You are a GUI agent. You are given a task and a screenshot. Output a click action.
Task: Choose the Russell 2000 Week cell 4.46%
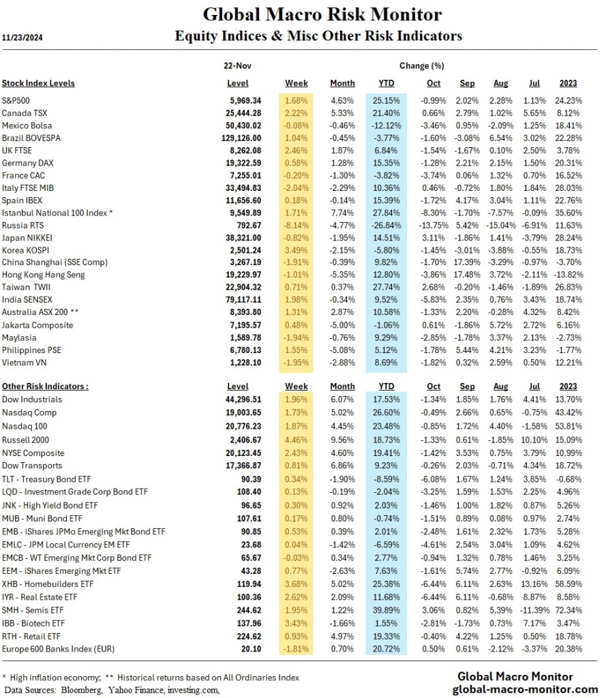tap(296, 440)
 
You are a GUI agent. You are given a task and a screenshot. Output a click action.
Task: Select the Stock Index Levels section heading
tap(38, 83)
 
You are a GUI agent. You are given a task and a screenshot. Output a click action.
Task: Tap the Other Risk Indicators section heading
tap(45, 386)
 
